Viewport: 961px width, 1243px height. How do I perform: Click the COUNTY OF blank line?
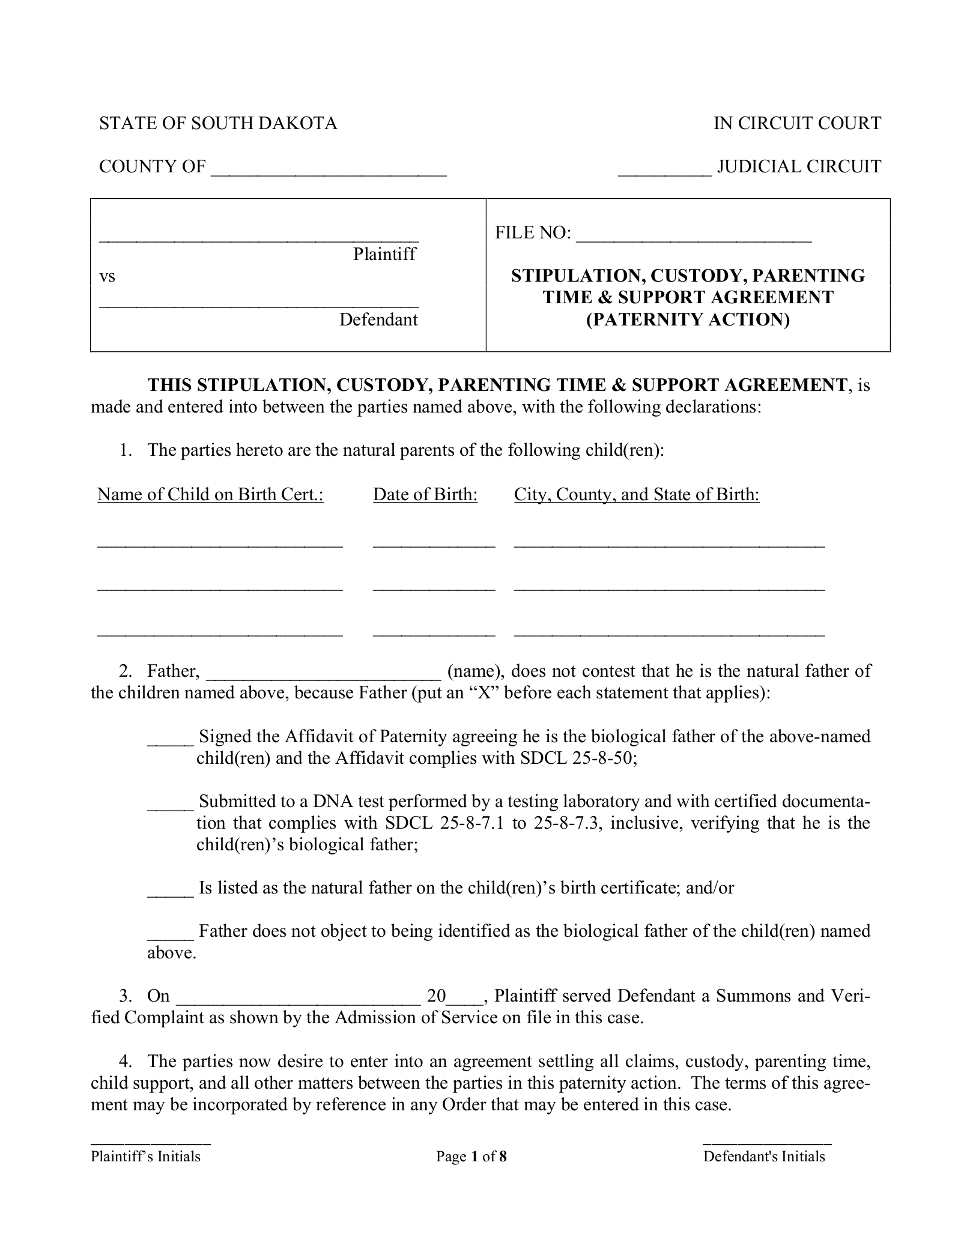click(329, 172)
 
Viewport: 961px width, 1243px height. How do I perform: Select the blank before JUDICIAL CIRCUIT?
click(665, 172)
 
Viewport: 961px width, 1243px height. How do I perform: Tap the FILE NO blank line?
click(694, 238)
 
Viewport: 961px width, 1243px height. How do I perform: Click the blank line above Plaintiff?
click(259, 238)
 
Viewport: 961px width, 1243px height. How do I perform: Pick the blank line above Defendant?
click(259, 303)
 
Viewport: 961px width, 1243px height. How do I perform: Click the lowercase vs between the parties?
click(107, 277)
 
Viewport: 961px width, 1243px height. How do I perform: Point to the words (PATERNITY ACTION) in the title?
click(688, 319)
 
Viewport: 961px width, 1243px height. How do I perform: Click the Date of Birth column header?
click(425, 494)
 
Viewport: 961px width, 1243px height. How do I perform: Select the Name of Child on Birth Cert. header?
click(210, 494)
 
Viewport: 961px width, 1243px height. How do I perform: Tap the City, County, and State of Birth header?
click(637, 494)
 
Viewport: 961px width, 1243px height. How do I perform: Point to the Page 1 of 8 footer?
click(471, 1157)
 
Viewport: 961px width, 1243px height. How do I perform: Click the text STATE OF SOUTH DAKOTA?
click(218, 124)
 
